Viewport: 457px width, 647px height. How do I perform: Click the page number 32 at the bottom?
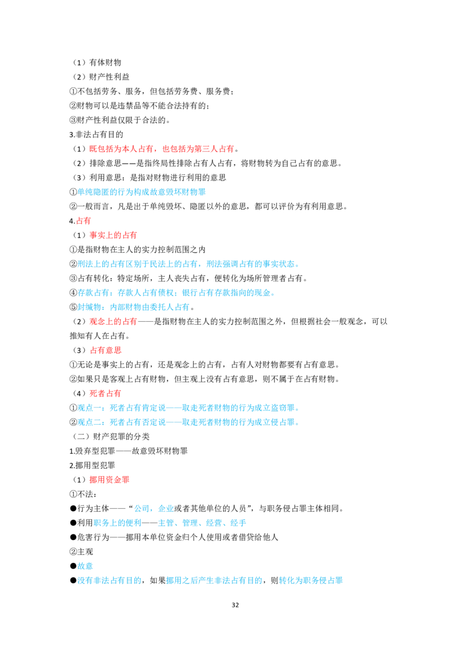(x=235, y=605)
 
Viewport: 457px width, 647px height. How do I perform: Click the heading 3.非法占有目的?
(x=96, y=134)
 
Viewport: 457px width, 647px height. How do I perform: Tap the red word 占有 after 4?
(x=84, y=221)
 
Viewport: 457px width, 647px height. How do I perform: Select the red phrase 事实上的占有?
(x=113, y=235)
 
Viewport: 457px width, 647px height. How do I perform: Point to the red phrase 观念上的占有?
(x=113, y=321)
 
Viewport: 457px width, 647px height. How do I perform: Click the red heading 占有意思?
(x=106, y=350)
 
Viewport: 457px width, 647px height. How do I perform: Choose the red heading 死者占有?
(x=105, y=393)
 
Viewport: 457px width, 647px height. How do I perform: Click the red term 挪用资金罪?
(x=109, y=480)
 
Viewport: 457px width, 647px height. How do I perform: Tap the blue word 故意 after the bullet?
(x=85, y=566)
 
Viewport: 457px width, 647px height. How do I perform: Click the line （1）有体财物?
(x=97, y=63)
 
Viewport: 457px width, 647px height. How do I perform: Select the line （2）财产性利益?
(x=101, y=77)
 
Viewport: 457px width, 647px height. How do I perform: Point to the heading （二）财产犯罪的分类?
(x=111, y=437)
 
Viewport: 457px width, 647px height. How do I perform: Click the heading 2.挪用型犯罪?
(x=92, y=465)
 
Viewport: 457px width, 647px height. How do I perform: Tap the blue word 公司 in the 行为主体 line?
(x=142, y=508)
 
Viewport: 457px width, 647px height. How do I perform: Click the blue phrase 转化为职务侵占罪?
(x=311, y=580)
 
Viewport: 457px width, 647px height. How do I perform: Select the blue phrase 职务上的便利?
(x=118, y=523)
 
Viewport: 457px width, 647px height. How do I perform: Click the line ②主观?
(x=81, y=552)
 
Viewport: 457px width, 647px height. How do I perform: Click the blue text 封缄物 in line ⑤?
(x=89, y=307)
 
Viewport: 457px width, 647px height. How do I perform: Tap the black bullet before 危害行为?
(x=73, y=537)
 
